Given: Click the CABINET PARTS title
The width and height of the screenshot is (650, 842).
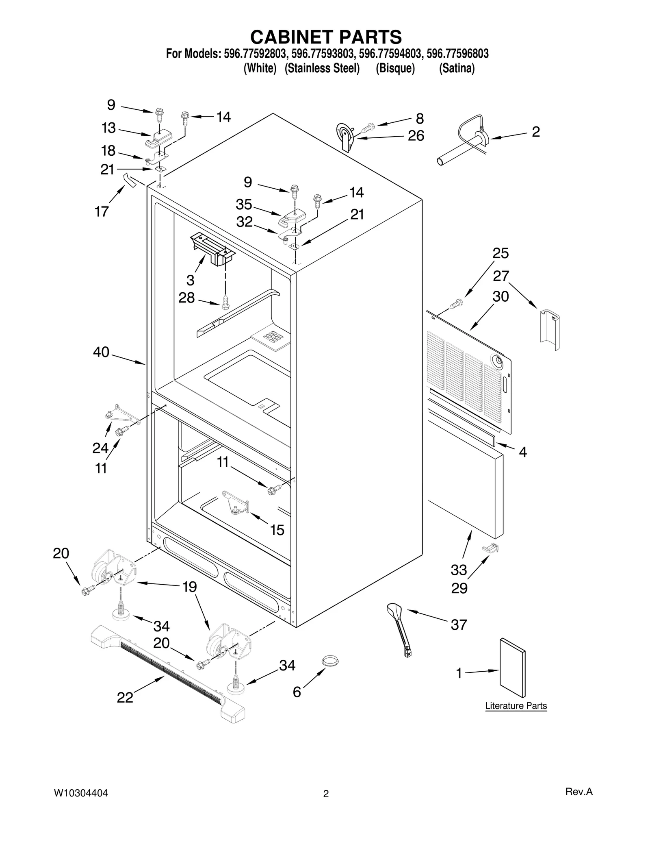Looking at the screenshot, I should point(326,37).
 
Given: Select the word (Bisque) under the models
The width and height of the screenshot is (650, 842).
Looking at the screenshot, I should point(395,68).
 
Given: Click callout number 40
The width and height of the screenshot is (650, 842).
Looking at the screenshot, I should point(101,352).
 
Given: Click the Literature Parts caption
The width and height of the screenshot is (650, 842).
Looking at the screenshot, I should point(516,706).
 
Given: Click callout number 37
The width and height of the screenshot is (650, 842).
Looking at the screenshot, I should point(459,624).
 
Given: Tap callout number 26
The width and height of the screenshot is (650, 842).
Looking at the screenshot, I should point(416,136).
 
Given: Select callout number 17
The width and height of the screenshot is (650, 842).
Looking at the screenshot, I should point(102,211).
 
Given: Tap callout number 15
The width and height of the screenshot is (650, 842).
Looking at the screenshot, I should point(277,530).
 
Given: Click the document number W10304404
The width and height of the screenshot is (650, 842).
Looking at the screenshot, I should point(81,793).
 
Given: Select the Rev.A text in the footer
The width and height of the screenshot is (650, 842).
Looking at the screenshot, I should point(578,792).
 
